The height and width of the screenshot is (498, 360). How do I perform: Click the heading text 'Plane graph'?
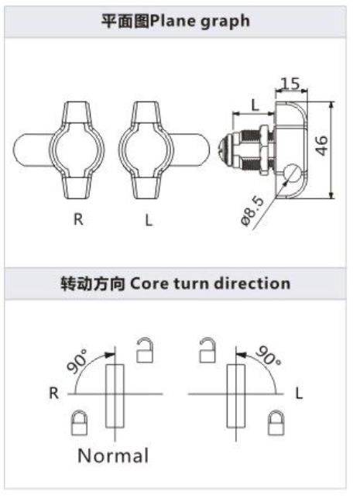click(x=200, y=22)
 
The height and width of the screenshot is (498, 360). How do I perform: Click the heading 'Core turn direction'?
click(x=210, y=283)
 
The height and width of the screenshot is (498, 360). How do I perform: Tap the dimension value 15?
click(x=290, y=83)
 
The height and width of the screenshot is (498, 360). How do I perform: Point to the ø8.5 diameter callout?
click(x=252, y=211)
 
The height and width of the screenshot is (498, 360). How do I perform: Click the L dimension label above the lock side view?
click(x=255, y=105)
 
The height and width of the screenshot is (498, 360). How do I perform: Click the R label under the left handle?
click(x=78, y=219)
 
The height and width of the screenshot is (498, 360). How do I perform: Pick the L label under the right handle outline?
click(x=149, y=220)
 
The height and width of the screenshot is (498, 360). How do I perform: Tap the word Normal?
click(x=113, y=455)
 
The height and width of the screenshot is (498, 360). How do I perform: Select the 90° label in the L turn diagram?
click(x=269, y=356)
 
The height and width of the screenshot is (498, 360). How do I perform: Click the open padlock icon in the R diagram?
click(x=145, y=350)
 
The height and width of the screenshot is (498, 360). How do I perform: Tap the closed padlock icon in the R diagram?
click(x=79, y=423)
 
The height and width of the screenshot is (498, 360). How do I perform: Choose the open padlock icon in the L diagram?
click(x=207, y=350)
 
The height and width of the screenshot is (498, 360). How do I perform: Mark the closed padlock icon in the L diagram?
click(x=276, y=423)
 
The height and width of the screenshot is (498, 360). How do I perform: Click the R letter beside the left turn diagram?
click(x=54, y=393)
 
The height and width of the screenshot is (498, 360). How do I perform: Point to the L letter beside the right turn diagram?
click(x=299, y=393)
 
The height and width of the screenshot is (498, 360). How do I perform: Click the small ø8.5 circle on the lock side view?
click(x=292, y=173)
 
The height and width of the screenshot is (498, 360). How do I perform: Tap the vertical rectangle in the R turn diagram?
click(x=115, y=396)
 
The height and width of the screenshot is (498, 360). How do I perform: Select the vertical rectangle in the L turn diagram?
click(x=236, y=396)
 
